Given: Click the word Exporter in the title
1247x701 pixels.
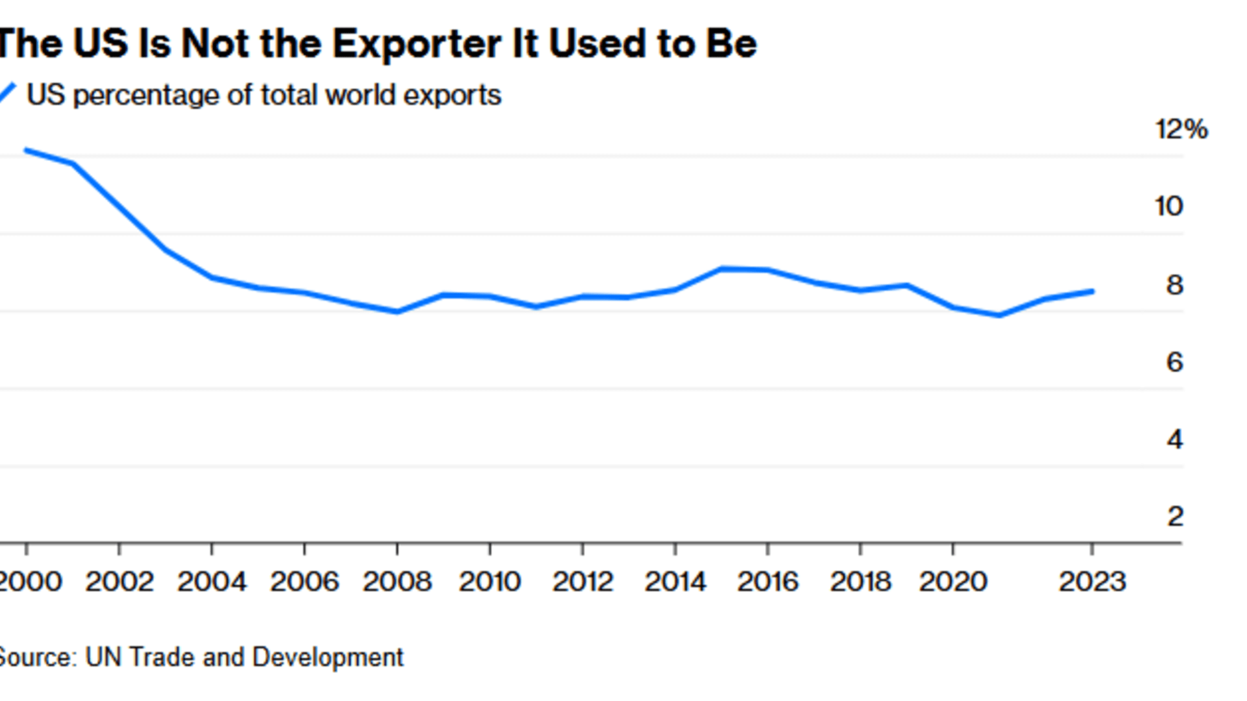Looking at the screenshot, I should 416,44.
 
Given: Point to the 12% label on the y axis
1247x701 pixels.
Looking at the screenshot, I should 1181,129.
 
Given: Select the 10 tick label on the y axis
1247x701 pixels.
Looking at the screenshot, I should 1168,206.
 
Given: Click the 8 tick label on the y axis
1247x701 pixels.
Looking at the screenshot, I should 1174,285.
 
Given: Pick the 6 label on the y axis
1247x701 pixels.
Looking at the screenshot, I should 1174,362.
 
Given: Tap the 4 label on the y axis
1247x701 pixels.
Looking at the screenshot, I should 1174,440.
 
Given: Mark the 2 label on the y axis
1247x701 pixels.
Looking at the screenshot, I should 1174,517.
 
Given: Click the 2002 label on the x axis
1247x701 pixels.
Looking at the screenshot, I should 120,582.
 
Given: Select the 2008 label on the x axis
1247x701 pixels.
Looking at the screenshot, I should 397,582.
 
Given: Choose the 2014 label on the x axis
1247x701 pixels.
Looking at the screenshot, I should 675,582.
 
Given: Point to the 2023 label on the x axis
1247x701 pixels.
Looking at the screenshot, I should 1092,582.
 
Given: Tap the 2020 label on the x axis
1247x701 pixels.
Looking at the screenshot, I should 953,582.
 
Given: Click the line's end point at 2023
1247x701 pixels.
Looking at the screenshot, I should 1092,291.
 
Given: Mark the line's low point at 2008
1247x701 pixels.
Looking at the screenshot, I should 397,312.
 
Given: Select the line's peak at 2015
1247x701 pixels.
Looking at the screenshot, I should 722,268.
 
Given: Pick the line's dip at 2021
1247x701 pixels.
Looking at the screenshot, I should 1000,315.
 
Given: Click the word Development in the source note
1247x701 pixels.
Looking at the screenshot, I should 327,658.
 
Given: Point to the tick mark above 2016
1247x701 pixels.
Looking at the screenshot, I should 768,549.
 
